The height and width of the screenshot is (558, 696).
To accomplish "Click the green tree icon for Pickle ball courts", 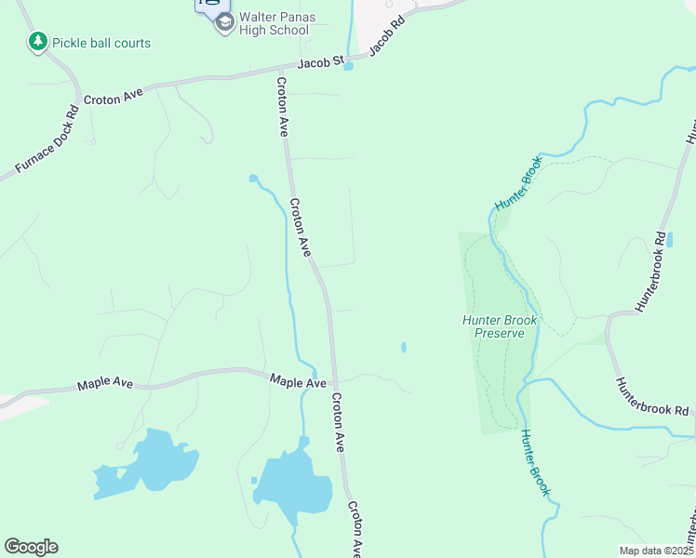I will point(37,42).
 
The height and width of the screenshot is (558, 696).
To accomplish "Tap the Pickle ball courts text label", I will point(101,43).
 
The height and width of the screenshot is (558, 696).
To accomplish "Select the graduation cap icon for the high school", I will point(224,23).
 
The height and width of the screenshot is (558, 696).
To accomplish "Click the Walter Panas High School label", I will point(274,23).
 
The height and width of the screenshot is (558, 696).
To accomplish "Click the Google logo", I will point(31,547).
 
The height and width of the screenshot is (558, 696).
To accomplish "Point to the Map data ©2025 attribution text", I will point(656,550).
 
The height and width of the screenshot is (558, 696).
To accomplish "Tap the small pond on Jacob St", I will point(349,66).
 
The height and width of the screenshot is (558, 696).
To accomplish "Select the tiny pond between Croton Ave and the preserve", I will point(403,348).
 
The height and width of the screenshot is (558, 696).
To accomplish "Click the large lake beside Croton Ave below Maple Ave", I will point(293,484).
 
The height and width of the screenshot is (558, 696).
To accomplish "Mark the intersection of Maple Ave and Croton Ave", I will point(333,381).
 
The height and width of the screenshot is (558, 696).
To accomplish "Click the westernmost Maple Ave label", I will point(105,383).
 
